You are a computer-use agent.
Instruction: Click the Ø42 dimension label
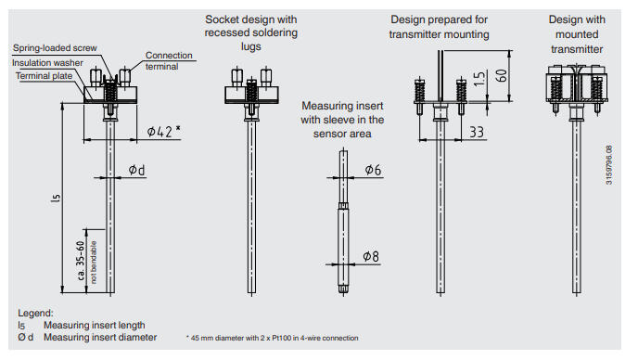point(163,131)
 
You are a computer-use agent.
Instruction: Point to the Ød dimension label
point(136,170)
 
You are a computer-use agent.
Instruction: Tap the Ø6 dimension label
point(373,170)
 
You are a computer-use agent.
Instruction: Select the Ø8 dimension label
point(371,256)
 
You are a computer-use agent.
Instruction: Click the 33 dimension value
point(477,132)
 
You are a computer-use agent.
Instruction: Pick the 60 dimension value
point(502,75)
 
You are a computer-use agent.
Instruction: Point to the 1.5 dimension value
point(479,78)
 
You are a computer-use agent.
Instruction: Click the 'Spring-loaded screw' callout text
point(55,48)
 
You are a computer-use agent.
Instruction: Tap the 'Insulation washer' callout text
point(47,63)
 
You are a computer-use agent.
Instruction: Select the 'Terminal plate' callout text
point(44,76)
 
